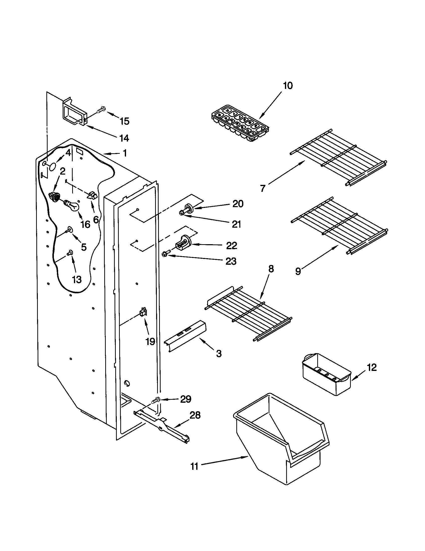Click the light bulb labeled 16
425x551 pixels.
[x=72, y=206]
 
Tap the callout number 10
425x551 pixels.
[x=287, y=85]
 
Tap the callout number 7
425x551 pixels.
[x=263, y=188]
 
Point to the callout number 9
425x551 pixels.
[x=298, y=271]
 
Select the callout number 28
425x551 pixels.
[x=195, y=415]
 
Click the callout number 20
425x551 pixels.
[x=238, y=204]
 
